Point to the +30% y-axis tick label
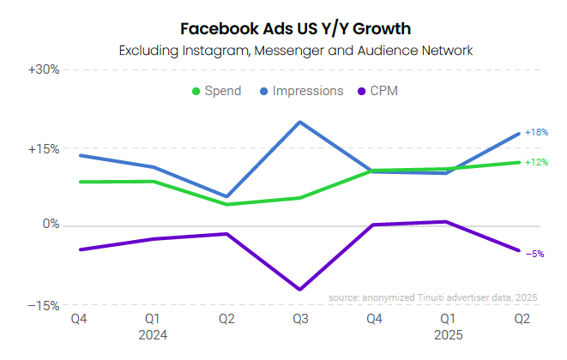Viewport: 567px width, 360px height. tap(43, 69)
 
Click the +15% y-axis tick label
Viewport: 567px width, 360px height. tap(43, 148)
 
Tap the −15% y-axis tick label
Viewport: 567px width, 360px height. tap(43, 305)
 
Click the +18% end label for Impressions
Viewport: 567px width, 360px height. tap(536, 133)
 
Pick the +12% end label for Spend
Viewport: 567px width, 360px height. tap(536, 162)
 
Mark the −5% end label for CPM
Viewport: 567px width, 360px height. tap(534, 254)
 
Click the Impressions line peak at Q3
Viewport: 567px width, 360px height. tap(299, 122)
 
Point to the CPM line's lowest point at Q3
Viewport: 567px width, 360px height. tap(299, 290)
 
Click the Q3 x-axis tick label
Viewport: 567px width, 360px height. tap(299, 320)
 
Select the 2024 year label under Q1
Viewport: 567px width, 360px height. tap(153, 334)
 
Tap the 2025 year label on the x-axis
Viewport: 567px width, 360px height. tap(447, 334)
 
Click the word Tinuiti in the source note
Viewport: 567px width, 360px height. tap(423, 297)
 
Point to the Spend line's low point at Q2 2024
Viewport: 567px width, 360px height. tap(226, 204)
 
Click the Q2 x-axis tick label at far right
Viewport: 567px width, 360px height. tap(520, 320)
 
